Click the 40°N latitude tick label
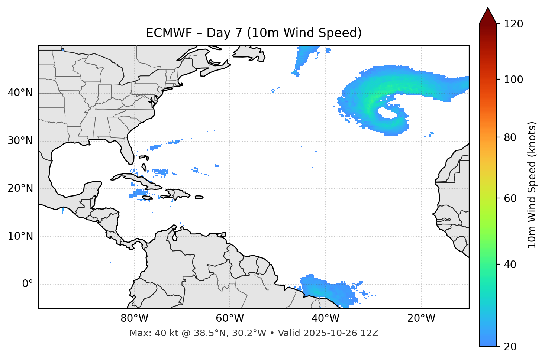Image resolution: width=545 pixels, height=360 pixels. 20,93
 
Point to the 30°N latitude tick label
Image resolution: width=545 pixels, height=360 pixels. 20,141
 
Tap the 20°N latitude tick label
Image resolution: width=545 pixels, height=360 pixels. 20,188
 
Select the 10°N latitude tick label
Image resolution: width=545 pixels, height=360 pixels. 20,236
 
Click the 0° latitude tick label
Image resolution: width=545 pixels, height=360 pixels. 28,284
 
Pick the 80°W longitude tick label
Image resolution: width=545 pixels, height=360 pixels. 134,318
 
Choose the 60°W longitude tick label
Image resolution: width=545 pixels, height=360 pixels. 230,318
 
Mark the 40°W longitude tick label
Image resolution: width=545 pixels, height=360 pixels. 325,318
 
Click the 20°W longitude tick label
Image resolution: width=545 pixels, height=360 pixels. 421,318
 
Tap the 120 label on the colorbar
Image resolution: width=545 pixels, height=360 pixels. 513,24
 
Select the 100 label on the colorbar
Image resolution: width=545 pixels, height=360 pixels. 513,80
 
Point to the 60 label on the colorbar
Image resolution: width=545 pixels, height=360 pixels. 510,198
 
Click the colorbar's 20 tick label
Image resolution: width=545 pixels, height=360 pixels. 510,347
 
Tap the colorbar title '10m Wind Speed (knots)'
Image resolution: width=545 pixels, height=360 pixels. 532,185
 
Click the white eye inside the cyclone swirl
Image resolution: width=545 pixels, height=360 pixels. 387,113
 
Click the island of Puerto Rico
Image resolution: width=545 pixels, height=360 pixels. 199,197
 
